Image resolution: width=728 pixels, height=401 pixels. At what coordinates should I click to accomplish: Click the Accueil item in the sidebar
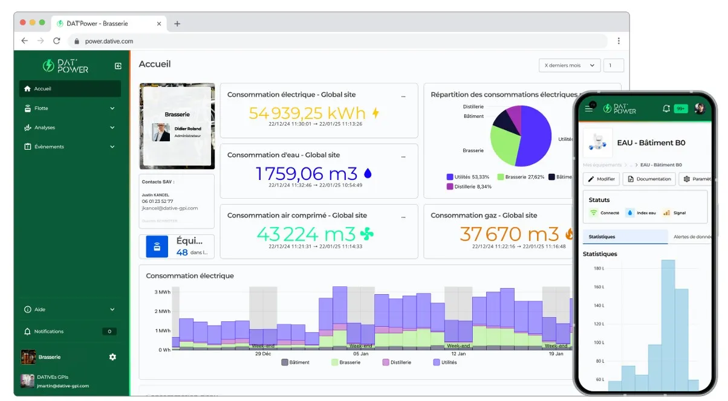pyautogui.click(x=42, y=89)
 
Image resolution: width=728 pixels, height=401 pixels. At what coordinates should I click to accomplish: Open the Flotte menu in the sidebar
pyautogui.click(x=41, y=108)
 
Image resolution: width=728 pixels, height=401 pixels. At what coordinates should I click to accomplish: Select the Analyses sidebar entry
pyautogui.click(x=45, y=127)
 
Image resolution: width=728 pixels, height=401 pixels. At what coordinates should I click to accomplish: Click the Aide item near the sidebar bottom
pyautogui.click(x=40, y=309)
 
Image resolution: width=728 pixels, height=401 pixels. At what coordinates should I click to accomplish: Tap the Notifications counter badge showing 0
pyautogui.click(x=109, y=332)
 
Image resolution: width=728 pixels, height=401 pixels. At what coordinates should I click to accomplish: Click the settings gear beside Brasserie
pyautogui.click(x=112, y=357)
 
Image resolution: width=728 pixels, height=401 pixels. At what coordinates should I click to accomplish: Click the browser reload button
pyautogui.click(x=57, y=41)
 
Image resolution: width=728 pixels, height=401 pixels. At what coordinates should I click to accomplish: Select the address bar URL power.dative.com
pyautogui.click(x=109, y=41)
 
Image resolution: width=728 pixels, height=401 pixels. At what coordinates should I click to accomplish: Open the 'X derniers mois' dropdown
pyautogui.click(x=569, y=65)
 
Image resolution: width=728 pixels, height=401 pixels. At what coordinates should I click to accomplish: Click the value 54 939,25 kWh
pyautogui.click(x=307, y=113)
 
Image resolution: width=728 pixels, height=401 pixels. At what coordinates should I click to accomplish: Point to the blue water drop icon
pyautogui.click(x=368, y=174)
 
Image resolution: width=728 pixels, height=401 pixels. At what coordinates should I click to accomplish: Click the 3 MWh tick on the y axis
pyautogui.click(x=162, y=292)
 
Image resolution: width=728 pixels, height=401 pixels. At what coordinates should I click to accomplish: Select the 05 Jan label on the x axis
pyautogui.click(x=360, y=354)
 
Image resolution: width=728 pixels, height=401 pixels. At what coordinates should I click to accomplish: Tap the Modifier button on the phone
pyautogui.click(x=601, y=179)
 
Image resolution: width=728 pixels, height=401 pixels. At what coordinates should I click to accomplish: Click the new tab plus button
pyautogui.click(x=177, y=24)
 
